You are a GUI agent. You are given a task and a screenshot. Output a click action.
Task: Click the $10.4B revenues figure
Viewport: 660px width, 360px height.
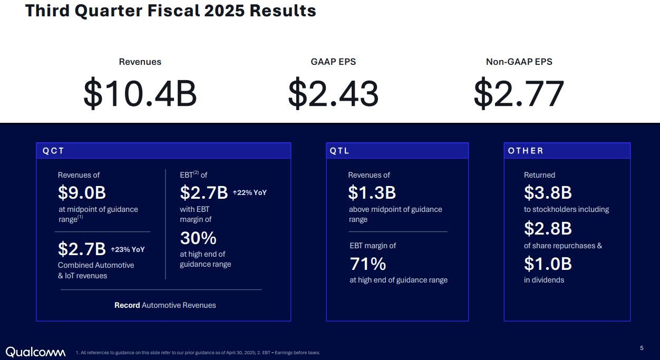(140, 94)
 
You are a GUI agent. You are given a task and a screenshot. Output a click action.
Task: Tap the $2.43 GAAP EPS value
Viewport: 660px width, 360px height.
(333, 94)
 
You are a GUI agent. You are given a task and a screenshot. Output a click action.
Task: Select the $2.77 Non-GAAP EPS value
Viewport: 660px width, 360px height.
(519, 94)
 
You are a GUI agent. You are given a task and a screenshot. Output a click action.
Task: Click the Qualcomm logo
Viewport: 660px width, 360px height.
(35, 352)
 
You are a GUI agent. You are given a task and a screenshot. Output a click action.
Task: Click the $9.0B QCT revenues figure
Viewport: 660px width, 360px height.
(82, 193)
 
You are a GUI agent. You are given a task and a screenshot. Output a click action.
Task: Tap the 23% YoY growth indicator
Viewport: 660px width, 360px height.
(128, 249)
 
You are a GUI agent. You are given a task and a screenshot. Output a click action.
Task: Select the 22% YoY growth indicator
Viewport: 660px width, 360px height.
(250, 192)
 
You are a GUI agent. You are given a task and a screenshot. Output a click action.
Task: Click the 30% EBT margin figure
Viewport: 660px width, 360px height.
(198, 238)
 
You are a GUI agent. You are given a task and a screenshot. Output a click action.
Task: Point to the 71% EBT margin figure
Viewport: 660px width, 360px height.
(368, 264)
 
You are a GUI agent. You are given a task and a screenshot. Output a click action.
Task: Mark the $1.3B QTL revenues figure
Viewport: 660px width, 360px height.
(372, 193)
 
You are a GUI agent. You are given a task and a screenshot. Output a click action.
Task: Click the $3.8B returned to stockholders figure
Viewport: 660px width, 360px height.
(548, 193)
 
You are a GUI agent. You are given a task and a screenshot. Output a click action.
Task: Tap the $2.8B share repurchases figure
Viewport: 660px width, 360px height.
(548, 228)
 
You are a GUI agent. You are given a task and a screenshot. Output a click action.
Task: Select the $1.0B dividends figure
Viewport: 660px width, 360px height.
(548, 264)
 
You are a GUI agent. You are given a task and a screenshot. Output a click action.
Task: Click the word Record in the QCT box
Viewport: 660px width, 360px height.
(127, 305)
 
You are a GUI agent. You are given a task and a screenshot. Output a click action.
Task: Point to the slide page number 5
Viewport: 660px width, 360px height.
(642, 348)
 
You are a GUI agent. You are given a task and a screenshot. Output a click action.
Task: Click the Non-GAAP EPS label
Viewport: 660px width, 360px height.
(519, 62)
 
